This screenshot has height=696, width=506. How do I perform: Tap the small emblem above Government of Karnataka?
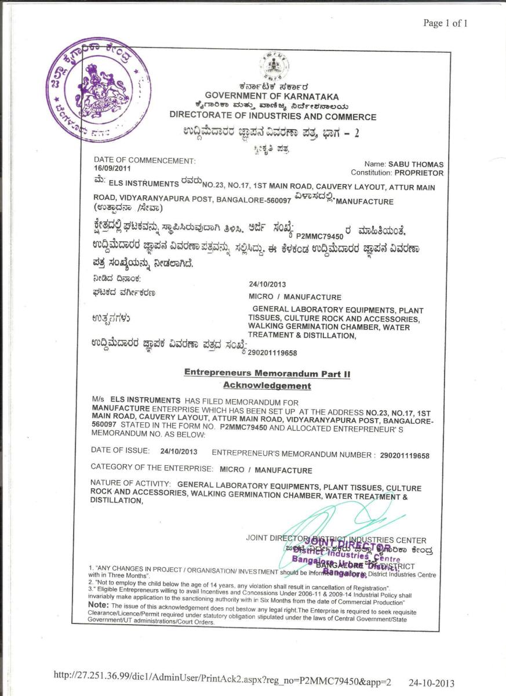(x=274, y=66)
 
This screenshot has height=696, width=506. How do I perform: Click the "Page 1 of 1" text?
(x=445, y=23)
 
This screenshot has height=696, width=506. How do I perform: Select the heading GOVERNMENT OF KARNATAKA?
(x=272, y=97)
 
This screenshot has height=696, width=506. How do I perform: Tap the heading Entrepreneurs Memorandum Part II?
(x=267, y=374)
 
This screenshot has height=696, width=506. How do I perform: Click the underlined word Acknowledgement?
(x=267, y=386)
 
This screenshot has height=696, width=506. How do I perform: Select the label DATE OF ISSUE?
(x=121, y=451)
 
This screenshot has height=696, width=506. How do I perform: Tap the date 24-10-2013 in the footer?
(x=431, y=683)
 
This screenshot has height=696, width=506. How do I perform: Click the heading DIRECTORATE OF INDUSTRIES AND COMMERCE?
(x=272, y=117)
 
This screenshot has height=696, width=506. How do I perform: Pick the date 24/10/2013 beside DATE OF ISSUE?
(x=179, y=451)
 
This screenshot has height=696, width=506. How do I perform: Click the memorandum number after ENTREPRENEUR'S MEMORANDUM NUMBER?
(x=405, y=456)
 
